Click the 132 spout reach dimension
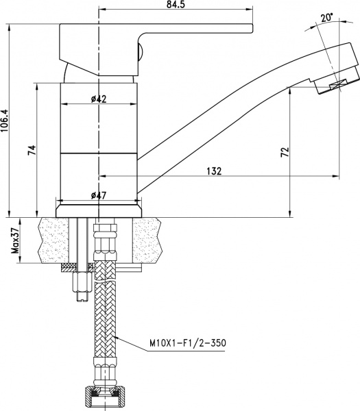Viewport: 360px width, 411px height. coord(213,171)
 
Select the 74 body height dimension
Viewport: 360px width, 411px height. coord(32,151)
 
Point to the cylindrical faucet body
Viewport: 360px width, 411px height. coord(99,137)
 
